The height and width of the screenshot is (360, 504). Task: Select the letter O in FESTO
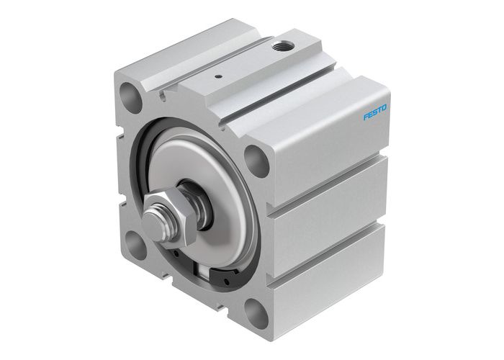[x=385, y=107]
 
